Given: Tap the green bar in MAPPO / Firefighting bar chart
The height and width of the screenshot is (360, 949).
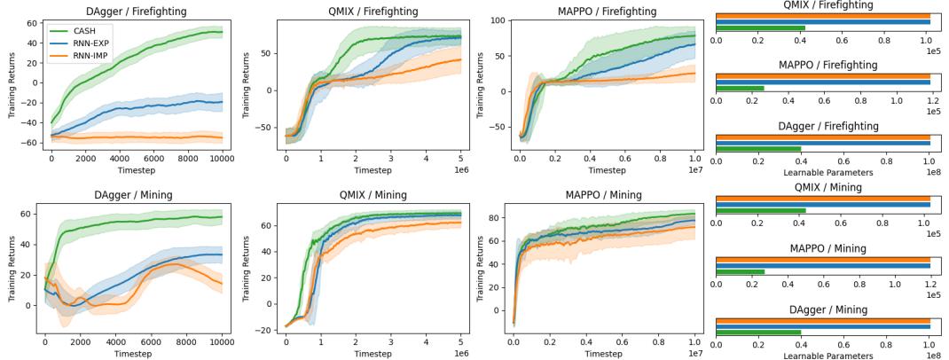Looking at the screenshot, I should (740, 88).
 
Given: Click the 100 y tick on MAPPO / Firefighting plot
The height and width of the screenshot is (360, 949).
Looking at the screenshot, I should (498, 20).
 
